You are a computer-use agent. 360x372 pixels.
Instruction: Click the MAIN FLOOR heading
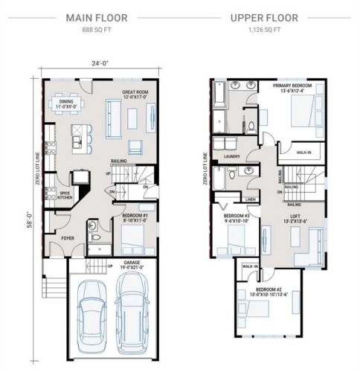(x=96, y=16)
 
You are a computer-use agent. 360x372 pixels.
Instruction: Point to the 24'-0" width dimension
(x=101, y=63)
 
